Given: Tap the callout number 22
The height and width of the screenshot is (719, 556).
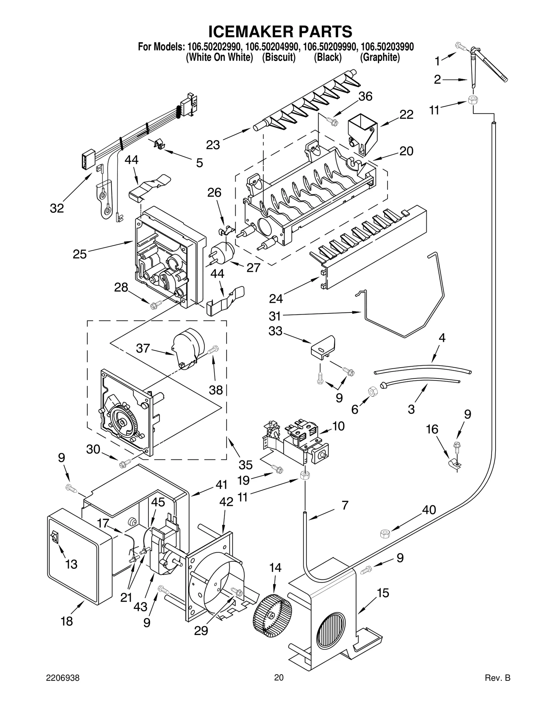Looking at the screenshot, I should tap(406, 115).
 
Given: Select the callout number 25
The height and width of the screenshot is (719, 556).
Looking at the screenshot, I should tap(80, 254).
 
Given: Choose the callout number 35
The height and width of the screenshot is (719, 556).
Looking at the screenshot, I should tap(246, 465).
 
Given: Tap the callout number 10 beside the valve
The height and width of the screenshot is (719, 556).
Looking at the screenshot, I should tap(338, 426).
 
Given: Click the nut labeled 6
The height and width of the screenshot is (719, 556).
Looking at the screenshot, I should tap(373, 392).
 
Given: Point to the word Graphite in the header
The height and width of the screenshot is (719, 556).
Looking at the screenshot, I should tap(380, 57).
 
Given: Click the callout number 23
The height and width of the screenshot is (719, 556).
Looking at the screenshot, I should tap(213, 145).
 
